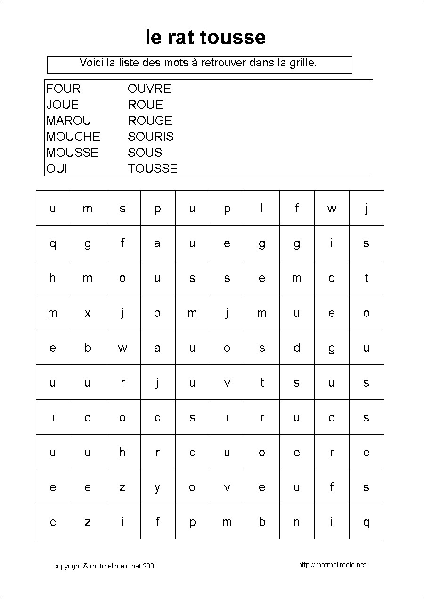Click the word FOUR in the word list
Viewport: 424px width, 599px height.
(64, 89)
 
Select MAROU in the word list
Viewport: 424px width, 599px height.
(69, 121)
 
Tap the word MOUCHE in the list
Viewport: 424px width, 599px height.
(73, 137)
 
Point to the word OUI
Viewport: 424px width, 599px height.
(57, 169)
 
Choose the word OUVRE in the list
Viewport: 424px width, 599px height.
(149, 89)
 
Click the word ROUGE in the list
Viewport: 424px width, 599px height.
(150, 121)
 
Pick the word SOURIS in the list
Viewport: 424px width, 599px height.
(151, 137)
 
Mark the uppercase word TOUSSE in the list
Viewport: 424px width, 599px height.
(153, 169)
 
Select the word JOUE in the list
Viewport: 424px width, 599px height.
(63, 105)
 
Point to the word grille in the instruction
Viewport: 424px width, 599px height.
(302, 63)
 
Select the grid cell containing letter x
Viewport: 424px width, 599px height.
(88, 313)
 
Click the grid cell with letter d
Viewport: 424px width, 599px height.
(297, 348)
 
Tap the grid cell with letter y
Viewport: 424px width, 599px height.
(157, 487)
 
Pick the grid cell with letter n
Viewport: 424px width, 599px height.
(297, 522)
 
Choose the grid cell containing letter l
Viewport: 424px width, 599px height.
(262, 208)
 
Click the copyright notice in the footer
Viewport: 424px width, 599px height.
(106, 566)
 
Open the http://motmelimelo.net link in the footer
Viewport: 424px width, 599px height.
(332, 565)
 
